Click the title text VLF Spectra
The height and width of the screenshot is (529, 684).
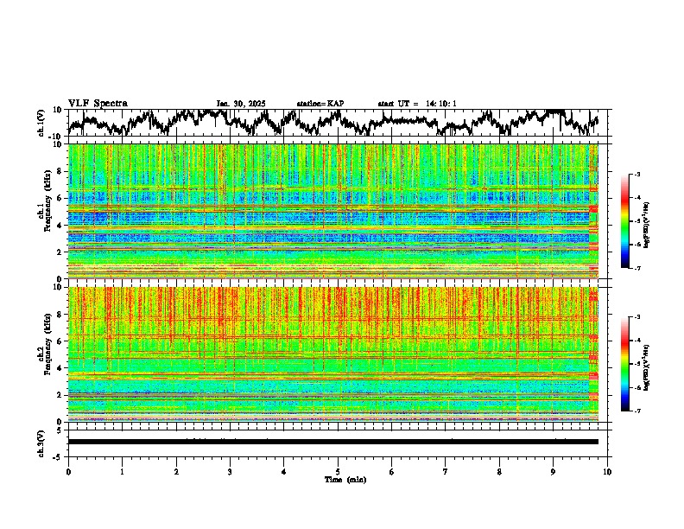point(98,104)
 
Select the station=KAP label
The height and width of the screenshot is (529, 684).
point(320,104)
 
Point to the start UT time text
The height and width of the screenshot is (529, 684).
point(417,104)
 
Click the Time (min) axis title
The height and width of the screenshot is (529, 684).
point(338,479)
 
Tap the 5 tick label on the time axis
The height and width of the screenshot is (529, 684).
point(338,471)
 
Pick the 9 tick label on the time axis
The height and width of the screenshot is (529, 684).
point(554,471)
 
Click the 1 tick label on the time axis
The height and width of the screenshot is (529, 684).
point(122,471)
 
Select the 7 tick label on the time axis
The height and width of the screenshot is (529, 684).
point(446,471)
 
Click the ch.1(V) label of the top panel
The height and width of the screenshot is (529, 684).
point(41,124)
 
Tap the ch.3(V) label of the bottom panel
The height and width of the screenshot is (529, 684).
point(41,442)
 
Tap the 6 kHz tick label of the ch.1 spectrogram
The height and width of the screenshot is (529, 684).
point(60,198)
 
